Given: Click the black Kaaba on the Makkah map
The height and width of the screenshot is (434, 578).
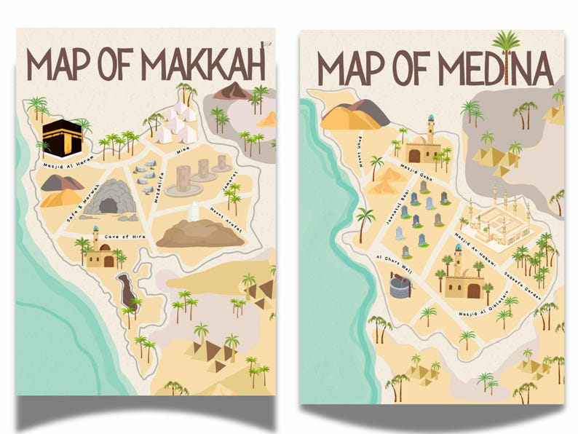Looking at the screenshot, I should [x=60, y=136].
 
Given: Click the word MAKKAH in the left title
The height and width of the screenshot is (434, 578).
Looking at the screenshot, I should [x=202, y=66].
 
